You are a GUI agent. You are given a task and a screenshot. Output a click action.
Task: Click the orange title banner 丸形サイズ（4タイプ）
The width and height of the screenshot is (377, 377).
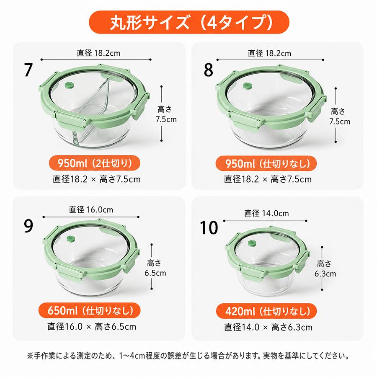tap(189, 22)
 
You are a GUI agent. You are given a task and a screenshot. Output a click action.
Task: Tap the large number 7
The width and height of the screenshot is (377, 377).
tap(28, 70)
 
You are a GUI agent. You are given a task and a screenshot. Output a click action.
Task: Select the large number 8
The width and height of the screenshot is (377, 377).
tap(208, 70)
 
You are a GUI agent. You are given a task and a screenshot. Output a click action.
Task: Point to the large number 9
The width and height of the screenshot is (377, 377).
tap(28, 226)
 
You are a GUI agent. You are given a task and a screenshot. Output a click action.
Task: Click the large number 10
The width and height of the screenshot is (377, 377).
tap(209, 227)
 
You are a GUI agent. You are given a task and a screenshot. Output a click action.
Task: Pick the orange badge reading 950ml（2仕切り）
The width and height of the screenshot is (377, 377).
tap(95, 163)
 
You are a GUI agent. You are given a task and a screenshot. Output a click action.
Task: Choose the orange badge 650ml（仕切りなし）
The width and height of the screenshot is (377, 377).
tap(90, 310)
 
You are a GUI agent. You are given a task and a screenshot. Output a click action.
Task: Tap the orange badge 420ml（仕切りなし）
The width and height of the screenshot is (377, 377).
tap(266, 311)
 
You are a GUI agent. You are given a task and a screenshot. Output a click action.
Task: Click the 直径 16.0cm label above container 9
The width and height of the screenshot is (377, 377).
tap(91, 210)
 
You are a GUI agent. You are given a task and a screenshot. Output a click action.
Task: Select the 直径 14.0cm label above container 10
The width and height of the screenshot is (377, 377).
tap(266, 213)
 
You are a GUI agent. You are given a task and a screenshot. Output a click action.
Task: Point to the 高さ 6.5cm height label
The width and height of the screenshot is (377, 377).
tap(155, 268)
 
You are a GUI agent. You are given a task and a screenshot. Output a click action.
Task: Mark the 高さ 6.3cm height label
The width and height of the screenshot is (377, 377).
tap(325, 269)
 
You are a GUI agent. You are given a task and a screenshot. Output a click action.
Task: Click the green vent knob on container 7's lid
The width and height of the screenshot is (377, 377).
tap(69, 86)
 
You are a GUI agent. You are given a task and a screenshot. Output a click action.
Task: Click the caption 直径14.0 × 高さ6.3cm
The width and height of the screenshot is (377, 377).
tap(268, 327)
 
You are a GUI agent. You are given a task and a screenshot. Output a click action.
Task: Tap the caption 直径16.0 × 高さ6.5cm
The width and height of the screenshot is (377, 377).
tap(92, 326)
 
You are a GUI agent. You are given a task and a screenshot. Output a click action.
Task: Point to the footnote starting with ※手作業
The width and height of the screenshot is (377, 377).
tap(188, 355)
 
